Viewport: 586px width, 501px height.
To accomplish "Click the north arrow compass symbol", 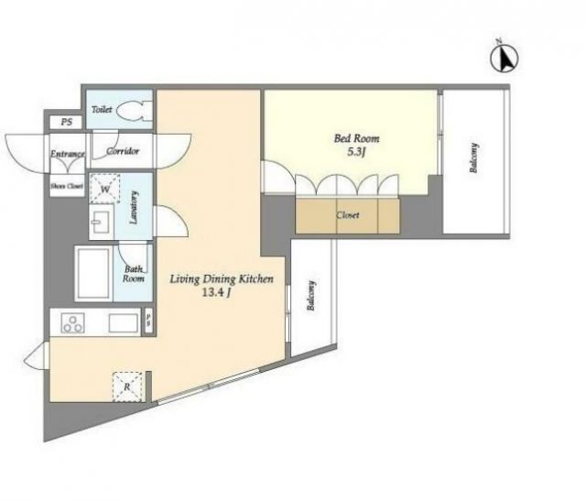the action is tap(505, 58).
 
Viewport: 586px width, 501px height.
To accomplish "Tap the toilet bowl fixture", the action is tap(135, 111).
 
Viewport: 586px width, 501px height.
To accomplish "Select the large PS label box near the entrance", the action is tap(67, 122).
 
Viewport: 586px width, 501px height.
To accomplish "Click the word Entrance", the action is tap(68, 154).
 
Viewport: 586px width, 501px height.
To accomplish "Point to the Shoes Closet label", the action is tap(67, 186).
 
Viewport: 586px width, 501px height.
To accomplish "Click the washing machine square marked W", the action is tap(105, 189).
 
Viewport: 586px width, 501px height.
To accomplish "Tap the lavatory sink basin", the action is tap(101, 222).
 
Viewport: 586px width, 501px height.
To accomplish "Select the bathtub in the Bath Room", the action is tap(93, 273).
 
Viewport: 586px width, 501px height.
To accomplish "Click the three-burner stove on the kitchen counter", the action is tap(73, 323).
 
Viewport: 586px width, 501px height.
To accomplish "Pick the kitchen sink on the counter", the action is tap(124, 323).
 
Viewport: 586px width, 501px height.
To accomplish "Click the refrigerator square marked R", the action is tap(127, 387).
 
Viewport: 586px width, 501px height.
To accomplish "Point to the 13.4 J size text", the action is tap(216, 293).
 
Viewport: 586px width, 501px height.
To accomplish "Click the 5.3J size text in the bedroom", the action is tap(356, 153).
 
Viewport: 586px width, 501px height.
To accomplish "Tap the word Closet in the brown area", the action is tap(348, 215).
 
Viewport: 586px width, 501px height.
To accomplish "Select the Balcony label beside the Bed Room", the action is tap(474, 158).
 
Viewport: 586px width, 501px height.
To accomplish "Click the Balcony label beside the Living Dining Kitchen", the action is tap(311, 296).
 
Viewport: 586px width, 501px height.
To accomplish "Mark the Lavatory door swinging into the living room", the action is tap(170, 222).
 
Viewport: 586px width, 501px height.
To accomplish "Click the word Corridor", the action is tap(123, 151).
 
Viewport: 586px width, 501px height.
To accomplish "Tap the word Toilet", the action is tap(102, 110).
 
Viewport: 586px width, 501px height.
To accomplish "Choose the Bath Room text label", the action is tap(134, 274).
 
